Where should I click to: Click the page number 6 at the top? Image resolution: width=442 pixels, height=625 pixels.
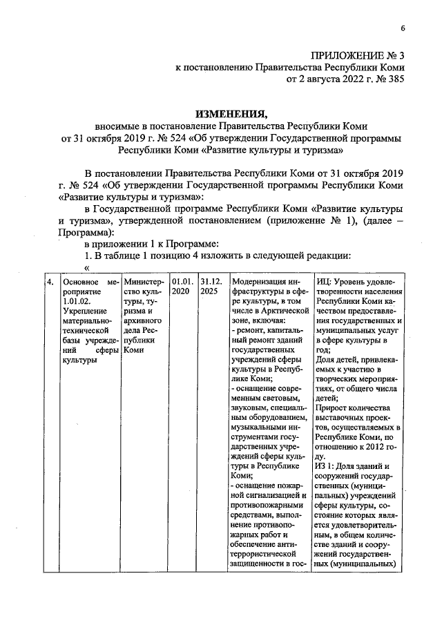tap(401, 28)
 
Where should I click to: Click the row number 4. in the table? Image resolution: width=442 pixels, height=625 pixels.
tap(50, 282)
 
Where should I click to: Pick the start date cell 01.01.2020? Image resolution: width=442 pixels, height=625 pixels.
tap(182, 287)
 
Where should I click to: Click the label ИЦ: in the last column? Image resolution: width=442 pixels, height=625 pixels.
tap(323, 282)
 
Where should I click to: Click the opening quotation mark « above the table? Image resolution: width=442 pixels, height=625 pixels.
tap(87, 268)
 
